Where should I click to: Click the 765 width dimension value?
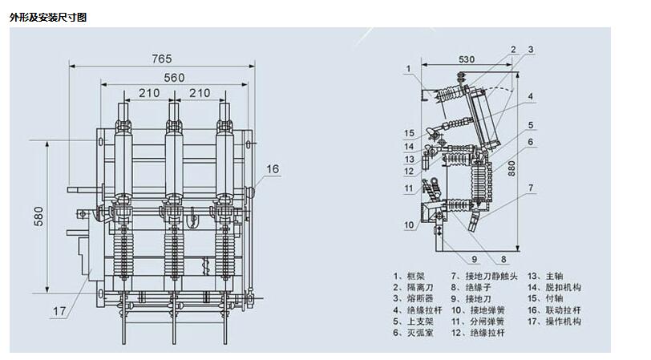tap(161, 59)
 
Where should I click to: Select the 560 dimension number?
tap(174, 78)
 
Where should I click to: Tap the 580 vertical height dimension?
tap(38, 216)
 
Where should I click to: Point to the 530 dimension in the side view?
tap(467, 59)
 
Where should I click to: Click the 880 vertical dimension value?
tap(511, 168)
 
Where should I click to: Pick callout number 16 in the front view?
tap(273, 169)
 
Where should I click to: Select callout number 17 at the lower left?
tap(59, 311)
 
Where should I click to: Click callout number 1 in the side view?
tap(409, 68)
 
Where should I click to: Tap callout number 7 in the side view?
tap(531, 188)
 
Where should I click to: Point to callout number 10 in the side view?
tap(409, 225)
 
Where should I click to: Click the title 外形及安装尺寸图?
tap(48, 18)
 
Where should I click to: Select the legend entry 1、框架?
tap(409, 276)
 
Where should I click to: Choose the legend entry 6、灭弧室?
tap(413, 333)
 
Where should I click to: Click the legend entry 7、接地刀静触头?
tap(484, 276)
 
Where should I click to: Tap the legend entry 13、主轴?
tap(545, 276)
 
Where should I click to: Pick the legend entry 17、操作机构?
tap(554, 322)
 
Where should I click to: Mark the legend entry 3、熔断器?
tap(413, 298)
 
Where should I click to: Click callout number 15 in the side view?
tap(409, 133)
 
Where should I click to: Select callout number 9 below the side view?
tap(474, 260)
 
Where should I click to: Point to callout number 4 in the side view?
tap(530, 96)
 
